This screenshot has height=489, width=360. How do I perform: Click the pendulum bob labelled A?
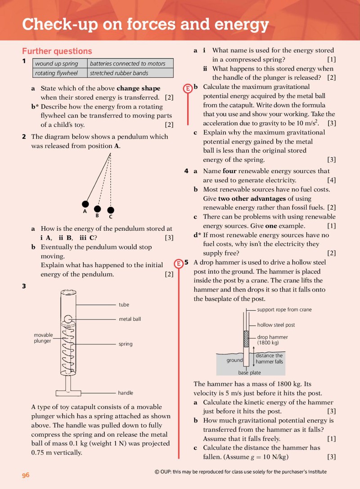pos(85,204)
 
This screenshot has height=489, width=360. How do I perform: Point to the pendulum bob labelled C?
pos(110,210)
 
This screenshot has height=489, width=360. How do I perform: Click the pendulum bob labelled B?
pos(97,209)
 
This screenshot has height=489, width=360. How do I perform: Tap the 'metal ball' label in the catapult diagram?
pos(130,319)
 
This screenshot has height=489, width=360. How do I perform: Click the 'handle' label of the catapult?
pos(126,393)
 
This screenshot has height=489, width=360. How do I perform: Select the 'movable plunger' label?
pos(43,338)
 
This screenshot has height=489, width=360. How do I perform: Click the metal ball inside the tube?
pos(68,319)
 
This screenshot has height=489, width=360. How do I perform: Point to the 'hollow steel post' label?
pos(276,325)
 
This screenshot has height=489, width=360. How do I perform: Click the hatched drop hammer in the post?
pos(246,339)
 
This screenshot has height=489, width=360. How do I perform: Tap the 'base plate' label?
pos(249,372)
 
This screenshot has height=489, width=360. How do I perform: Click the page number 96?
pos(26,475)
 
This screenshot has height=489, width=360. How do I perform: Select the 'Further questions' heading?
pos(57,51)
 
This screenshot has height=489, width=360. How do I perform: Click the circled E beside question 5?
pos(179,264)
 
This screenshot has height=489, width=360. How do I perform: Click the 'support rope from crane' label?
pos(284,310)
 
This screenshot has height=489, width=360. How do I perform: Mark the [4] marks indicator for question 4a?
pos(331,180)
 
